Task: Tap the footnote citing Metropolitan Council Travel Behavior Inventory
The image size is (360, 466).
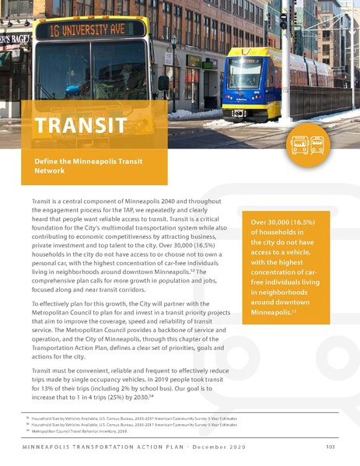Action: pyautogui.click(x=75, y=430)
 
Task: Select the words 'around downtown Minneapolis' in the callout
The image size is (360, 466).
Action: pyautogui.click(x=281, y=306)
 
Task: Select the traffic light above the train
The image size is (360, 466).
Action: pyautogui.click(x=283, y=18)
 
